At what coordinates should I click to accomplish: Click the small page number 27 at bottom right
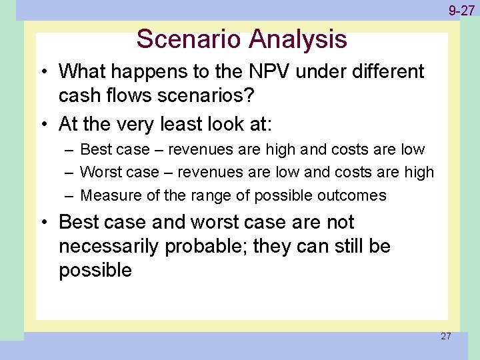click(x=445, y=336)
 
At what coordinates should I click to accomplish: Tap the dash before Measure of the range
click(x=70, y=195)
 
